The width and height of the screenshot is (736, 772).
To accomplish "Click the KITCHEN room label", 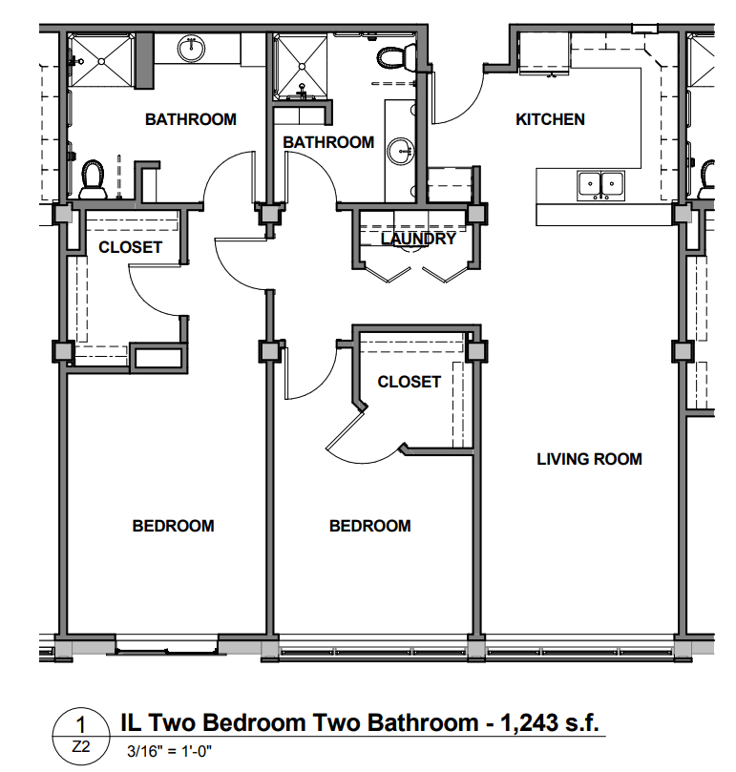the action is (550, 119).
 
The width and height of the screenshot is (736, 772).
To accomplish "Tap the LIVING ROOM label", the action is (589, 459).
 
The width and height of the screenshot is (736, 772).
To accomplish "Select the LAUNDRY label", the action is (418, 239).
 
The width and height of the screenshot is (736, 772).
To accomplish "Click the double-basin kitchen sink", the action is (600, 186).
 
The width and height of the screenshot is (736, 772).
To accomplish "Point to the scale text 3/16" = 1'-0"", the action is (169, 751).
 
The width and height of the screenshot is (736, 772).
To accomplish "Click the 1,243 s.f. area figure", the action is (550, 722).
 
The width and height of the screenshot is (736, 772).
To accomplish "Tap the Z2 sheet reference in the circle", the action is (81, 747).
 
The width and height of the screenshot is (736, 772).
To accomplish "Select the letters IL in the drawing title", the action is (131, 722).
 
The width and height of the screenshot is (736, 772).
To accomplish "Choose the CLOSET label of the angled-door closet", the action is (409, 382).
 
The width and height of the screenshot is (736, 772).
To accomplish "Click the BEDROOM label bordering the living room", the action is (370, 526).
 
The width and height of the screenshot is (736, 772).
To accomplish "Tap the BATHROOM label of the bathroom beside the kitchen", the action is (328, 142).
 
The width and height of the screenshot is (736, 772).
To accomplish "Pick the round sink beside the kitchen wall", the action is (400, 150).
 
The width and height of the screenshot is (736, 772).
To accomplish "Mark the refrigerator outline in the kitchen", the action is (544, 53).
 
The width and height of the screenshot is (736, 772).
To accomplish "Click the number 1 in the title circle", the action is (80, 724).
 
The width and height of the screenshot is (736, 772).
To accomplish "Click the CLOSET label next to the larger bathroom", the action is (130, 247).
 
